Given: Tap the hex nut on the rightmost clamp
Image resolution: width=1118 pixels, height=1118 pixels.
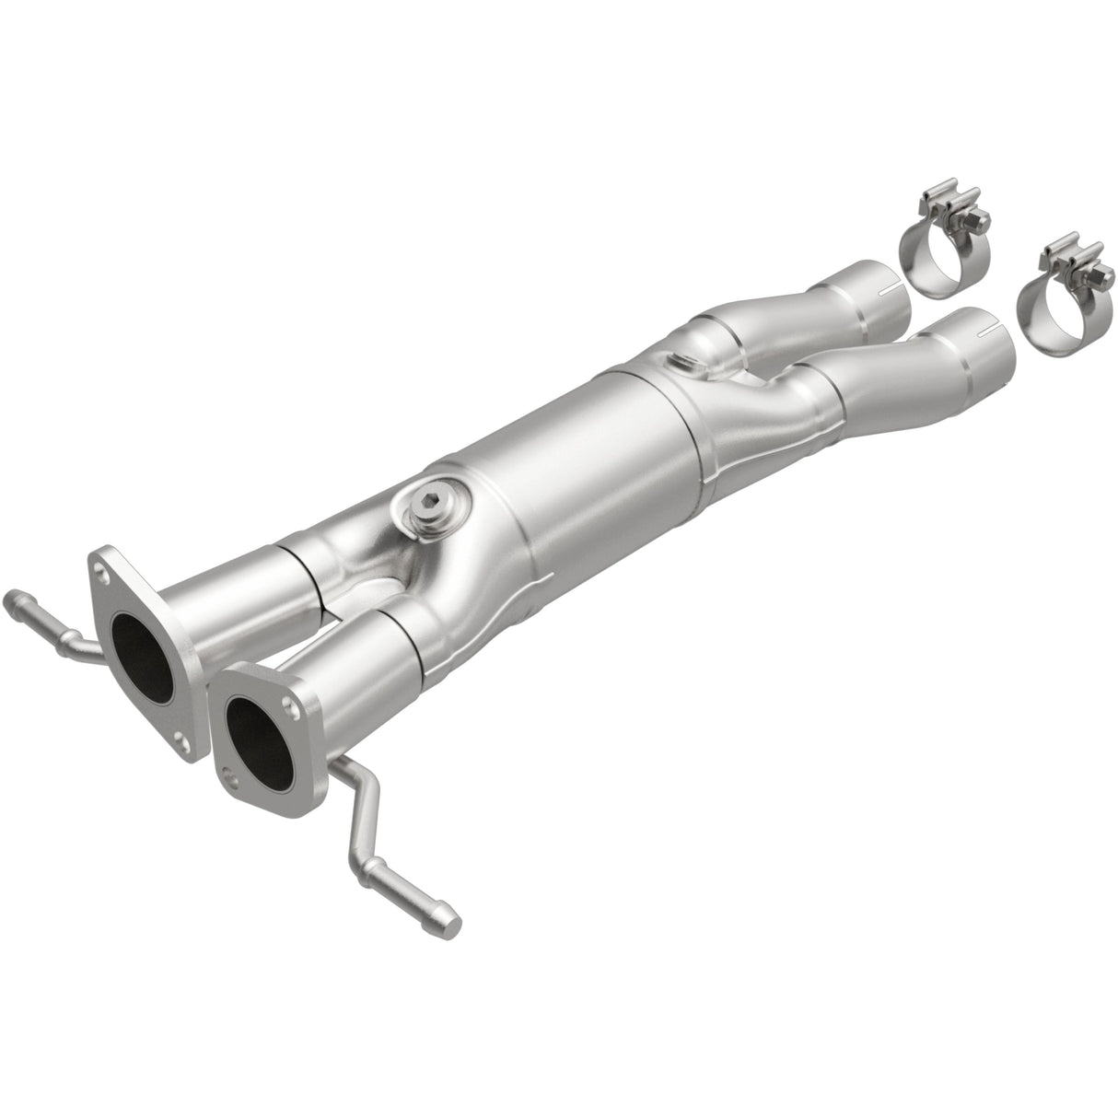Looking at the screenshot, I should [x=1086, y=274].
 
